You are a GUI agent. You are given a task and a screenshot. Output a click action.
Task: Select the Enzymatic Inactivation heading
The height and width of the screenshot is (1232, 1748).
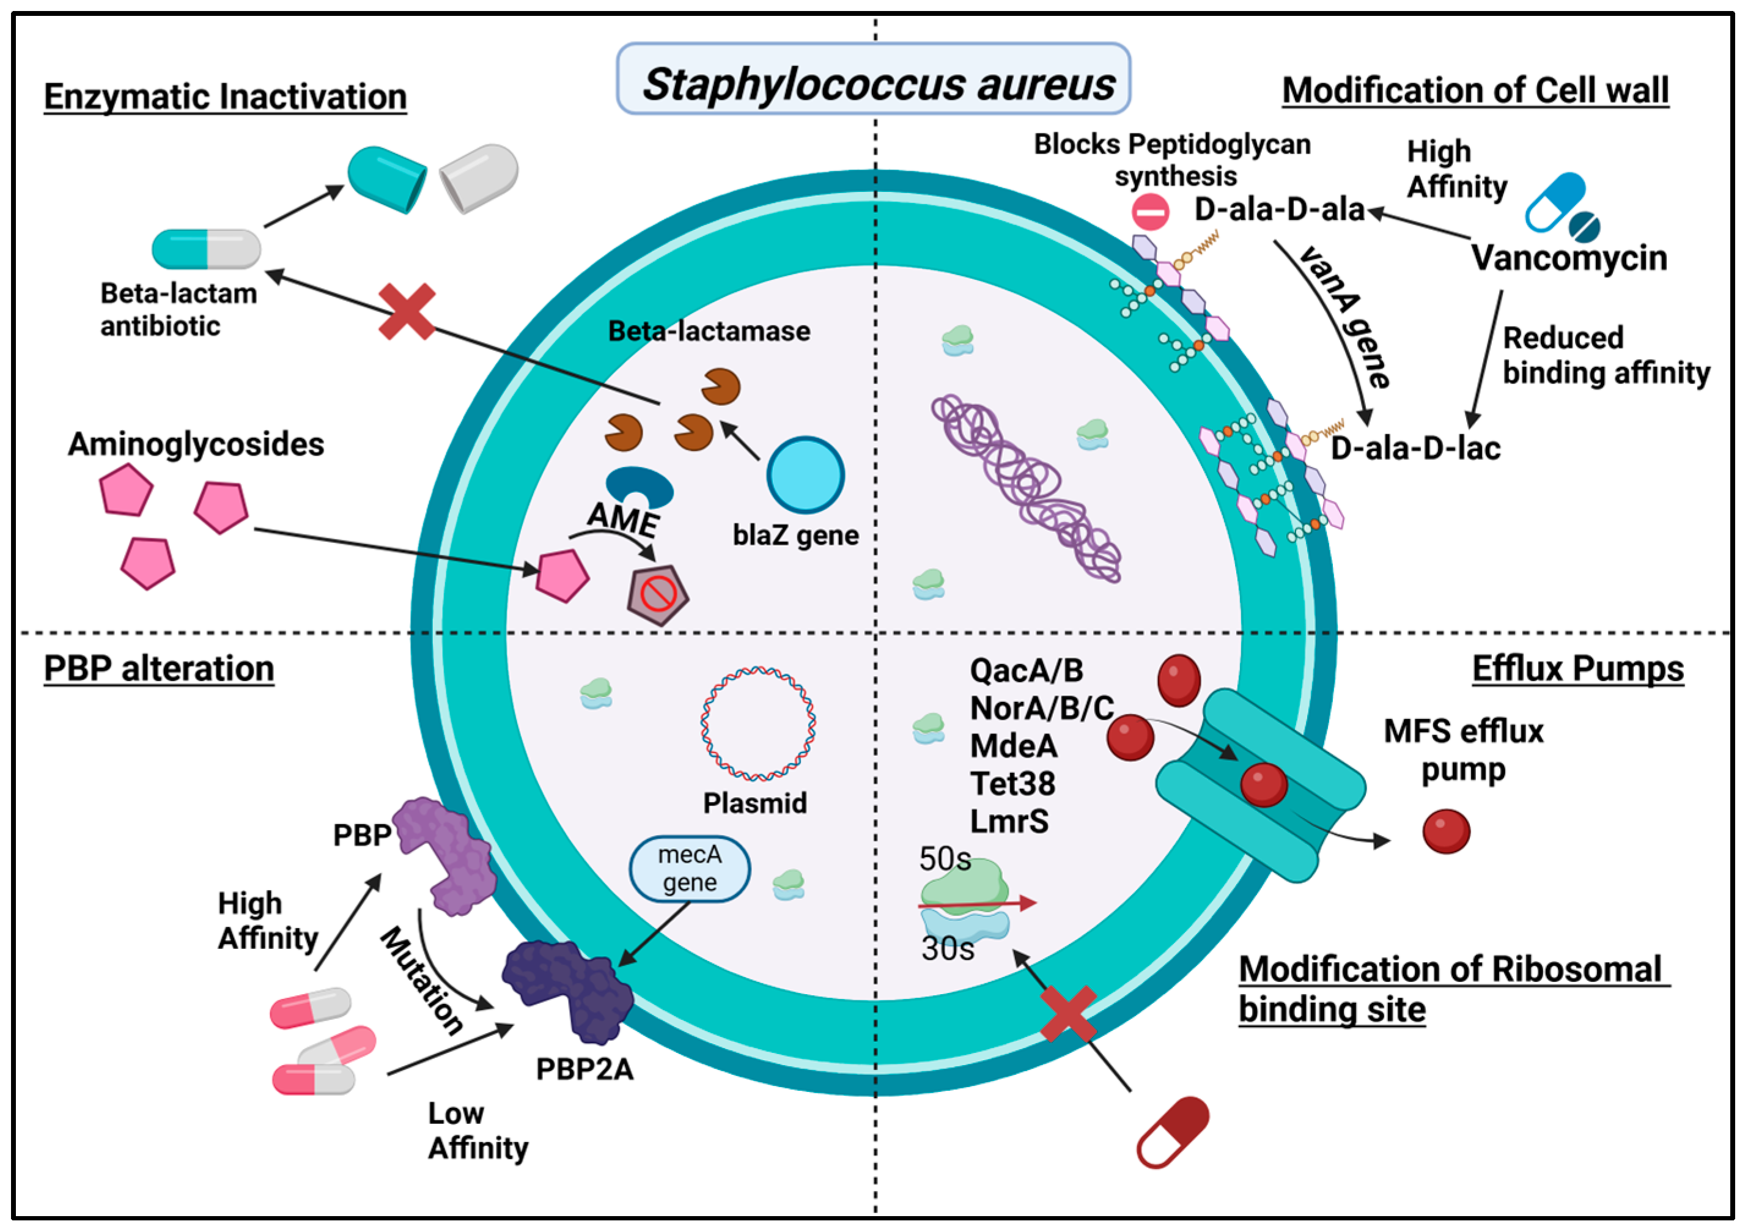[226, 97]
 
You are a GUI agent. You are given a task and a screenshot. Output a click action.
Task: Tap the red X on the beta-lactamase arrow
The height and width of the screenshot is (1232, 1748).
[407, 311]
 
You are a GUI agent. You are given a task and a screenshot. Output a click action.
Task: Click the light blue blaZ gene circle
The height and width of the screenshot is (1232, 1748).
[805, 475]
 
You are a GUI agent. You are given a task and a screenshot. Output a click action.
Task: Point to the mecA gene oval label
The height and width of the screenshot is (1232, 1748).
[689, 869]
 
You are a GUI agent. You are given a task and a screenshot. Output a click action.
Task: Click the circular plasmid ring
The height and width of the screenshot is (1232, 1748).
[758, 724]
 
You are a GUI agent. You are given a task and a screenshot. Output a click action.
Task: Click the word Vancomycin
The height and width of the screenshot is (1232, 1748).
[1568, 258]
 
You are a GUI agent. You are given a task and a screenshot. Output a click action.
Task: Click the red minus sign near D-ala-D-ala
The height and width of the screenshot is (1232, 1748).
[1149, 212]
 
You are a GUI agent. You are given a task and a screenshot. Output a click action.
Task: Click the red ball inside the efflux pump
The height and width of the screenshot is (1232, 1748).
[1263, 785]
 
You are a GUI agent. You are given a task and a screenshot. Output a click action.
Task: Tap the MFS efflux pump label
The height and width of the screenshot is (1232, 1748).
[1462, 750]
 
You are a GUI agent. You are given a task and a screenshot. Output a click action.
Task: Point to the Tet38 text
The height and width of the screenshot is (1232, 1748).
[1012, 783]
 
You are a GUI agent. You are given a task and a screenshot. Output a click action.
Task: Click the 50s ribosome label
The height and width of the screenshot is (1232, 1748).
[944, 860]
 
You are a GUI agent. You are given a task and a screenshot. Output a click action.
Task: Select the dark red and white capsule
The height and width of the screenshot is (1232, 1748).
[1173, 1132]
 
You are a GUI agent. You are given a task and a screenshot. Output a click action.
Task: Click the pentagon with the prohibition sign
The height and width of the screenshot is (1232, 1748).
[658, 596]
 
